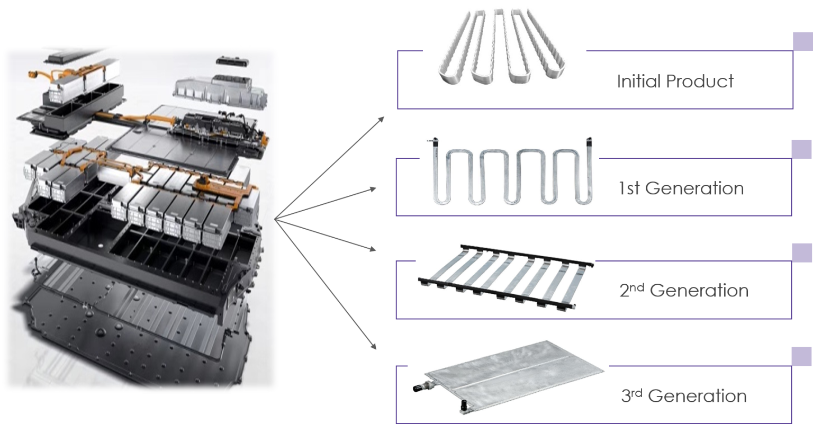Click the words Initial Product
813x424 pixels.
pyautogui.click(x=675, y=82)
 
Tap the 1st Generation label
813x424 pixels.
pyautogui.click(x=681, y=188)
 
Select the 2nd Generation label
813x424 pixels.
pyautogui.click(x=684, y=291)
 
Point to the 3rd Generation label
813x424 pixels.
pyautogui.click(x=684, y=395)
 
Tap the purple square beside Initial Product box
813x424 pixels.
pyautogui.click(x=802, y=41)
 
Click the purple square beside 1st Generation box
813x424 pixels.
pyautogui.click(x=801, y=149)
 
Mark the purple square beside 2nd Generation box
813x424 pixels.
pyautogui.click(x=802, y=252)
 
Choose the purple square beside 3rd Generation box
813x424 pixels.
pyautogui.click(x=801, y=356)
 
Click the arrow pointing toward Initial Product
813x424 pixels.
pyautogui.click(x=329, y=168)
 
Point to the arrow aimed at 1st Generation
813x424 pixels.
pyautogui.click(x=325, y=204)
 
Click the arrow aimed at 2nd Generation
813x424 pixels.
pyautogui.click(x=325, y=235)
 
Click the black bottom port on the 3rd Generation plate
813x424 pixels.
pyautogui.click(x=464, y=406)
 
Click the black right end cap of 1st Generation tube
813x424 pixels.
pyautogui.click(x=589, y=142)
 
